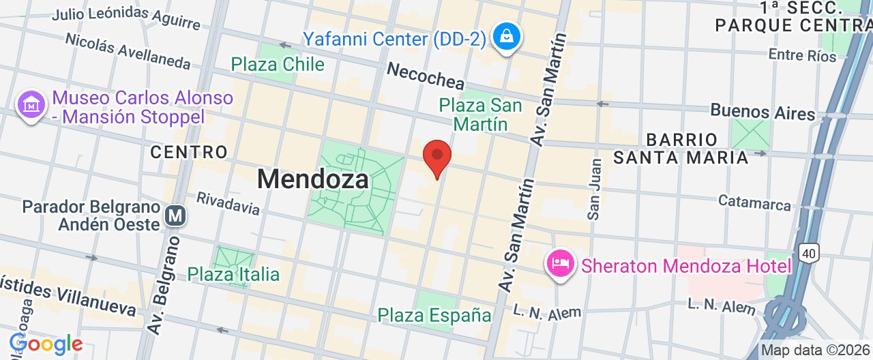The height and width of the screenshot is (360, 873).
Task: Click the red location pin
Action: pyautogui.click(x=437, y=156)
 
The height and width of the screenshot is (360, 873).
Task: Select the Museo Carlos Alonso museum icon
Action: pyautogui.click(x=31, y=105)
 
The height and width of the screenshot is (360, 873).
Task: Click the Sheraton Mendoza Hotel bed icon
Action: pyautogui.click(x=561, y=262)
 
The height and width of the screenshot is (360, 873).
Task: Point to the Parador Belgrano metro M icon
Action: pyautogui.click(x=175, y=215)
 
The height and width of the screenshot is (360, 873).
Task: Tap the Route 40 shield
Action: pyautogui.click(x=809, y=254)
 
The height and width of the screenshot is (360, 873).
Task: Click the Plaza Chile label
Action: pyautogui.click(x=277, y=65)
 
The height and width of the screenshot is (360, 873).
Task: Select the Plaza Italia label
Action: pyautogui.click(x=233, y=274)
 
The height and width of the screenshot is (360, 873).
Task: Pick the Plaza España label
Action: pyautogui.click(x=434, y=315)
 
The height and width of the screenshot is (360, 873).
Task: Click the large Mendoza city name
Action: pyautogui.click(x=313, y=179)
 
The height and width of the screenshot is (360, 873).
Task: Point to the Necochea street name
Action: pyautogui.click(x=426, y=78)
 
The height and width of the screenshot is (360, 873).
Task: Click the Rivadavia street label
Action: pyautogui.click(x=228, y=202)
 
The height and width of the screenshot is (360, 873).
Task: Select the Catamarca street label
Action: pyautogui.click(x=754, y=202)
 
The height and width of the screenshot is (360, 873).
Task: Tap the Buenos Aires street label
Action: pyautogui.click(x=763, y=112)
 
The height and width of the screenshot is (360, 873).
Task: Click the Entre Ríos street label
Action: pyautogui.click(x=801, y=55)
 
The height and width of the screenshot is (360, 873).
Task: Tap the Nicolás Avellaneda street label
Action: pyautogui.click(x=128, y=50)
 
